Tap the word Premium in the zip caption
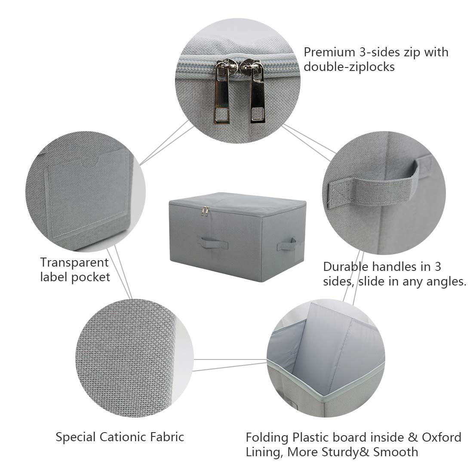[329, 52]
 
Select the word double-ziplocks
[349, 67]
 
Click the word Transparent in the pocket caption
[74, 262]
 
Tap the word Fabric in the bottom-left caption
[169, 437]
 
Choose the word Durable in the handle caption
[346, 267]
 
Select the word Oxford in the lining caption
[441, 437]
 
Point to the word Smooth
[396, 452]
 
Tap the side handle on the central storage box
[286, 243]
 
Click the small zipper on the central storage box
[206, 211]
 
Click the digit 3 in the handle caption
[438, 267]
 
